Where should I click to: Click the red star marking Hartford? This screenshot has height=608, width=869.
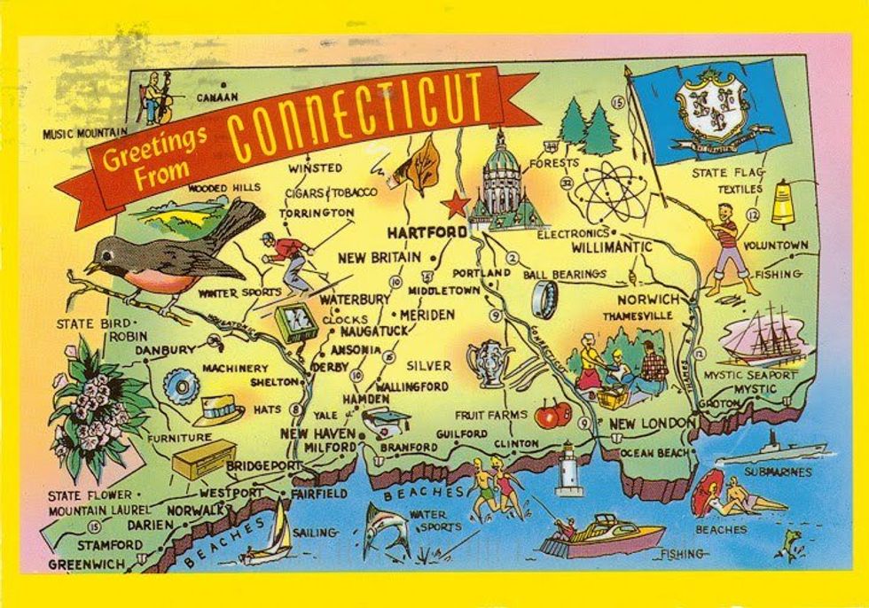[x=456, y=206]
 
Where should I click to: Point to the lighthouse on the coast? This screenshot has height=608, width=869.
[x=568, y=468]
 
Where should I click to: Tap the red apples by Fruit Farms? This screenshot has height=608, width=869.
[x=553, y=414]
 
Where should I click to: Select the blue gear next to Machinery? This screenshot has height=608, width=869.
[x=181, y=386]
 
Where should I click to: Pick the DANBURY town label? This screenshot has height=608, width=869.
[x=165, y=351]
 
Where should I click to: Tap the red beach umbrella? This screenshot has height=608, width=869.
[x=708, y=493]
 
